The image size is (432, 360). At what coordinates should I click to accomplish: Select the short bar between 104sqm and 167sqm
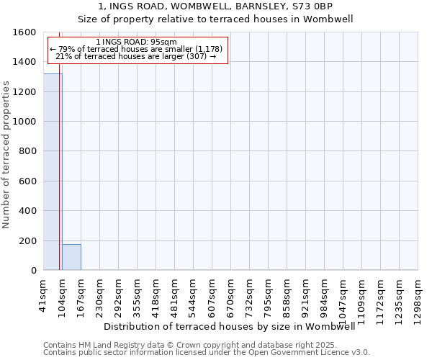click(x=71, y=257)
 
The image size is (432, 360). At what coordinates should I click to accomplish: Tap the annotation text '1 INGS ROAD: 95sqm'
click(x=136, y=42)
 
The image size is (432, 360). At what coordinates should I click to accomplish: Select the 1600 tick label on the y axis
click(x=24, y=32)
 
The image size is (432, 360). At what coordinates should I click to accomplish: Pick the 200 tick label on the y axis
click(x=27, y=240)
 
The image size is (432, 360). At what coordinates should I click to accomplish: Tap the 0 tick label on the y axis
click(x=33, y=271)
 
